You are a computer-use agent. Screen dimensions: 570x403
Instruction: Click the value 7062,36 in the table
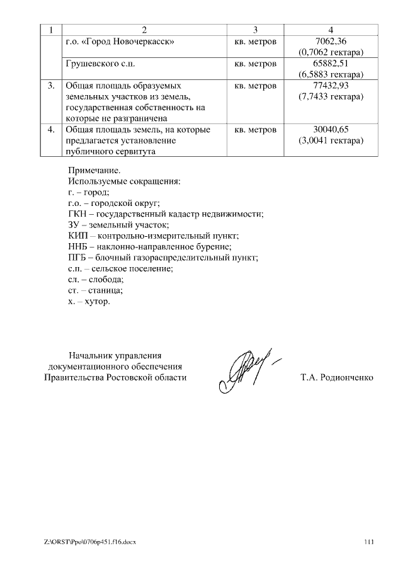pos(331,42)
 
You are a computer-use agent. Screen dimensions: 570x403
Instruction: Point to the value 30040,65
pos(331,130)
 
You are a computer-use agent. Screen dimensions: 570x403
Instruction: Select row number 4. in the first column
pos(52,130)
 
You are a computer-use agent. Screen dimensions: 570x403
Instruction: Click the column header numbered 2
pos(144,30)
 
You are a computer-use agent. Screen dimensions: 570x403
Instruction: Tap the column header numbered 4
pos(331,30)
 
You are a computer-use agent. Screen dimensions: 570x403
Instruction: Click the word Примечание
pos(93,170)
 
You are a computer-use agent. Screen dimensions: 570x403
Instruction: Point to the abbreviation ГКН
pos(77,214)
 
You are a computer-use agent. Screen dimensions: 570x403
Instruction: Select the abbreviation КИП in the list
pos(77,236)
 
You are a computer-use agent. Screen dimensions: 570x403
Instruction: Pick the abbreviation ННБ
pos(77,246)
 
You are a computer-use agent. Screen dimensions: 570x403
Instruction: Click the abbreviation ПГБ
pos(77,258)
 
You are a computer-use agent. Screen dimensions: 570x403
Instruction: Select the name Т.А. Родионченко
pos(338,377)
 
